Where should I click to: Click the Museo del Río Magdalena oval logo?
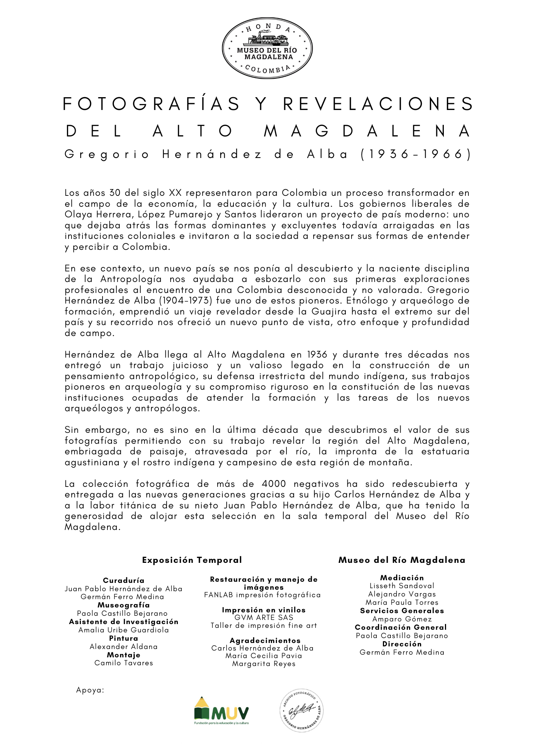click(x=267, y=48)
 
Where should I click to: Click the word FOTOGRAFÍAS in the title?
click(x=151, y=104)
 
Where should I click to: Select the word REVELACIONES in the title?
click(x=378, y=104)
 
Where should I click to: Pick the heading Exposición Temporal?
click(x=192, y=560)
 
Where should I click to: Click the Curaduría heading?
click(x=124, y=581)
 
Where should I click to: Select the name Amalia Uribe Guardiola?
click(x=124, y=630)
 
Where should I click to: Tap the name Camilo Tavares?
click(x=124, y=663)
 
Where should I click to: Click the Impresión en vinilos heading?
click(x=264, y=610)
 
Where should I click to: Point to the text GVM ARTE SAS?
click(x=264, y=618)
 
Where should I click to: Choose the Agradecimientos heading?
click(x=265, y=641)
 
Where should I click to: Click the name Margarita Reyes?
click(x=264, y=664)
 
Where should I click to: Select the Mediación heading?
click(x=402, y=578)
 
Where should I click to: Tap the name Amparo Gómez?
click(x=402, y=619)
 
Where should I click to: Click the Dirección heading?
click(x=402, y=644)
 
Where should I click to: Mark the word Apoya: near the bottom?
click(x=90, y=690)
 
